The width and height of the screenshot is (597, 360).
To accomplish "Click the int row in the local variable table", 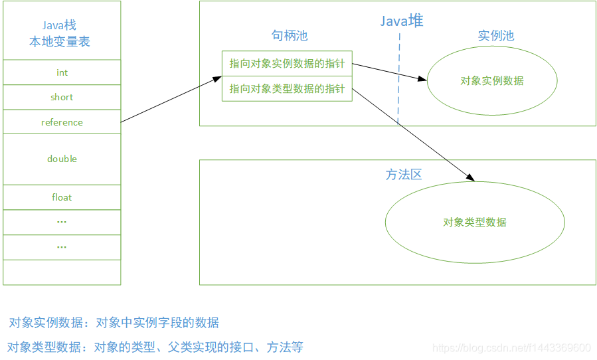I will [x=62, y=72].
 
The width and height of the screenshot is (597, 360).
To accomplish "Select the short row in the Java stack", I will [x=62, y=97].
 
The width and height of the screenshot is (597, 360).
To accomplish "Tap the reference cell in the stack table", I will [x=62, y=122].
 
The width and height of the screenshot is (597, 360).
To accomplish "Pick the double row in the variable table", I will [x=62, y=159].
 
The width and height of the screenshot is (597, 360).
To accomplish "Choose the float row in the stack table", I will [x=62, y=197].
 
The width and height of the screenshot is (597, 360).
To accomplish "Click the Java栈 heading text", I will [x=59, y=25].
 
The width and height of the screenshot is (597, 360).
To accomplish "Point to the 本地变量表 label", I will [x=59, y=42].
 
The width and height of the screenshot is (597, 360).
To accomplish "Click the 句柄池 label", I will [x=290, y=36].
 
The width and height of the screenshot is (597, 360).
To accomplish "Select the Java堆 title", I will [x=401, y=21].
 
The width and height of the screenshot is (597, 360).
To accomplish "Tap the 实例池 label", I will [x=496, y=36].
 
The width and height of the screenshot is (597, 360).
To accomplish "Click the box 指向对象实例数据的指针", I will [x=287, y=64].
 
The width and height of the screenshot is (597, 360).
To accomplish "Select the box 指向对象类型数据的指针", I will [x=287, y=89].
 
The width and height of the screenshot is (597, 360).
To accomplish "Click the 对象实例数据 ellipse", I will [x=491, y=81].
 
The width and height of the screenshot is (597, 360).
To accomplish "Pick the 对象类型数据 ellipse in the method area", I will [x=475, y=223].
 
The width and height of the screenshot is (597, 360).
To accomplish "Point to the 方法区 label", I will [x=404, y=175].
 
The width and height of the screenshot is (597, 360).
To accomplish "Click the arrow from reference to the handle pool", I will [x=171, y=100].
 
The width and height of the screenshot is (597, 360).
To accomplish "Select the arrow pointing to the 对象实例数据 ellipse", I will [x=389, y=72].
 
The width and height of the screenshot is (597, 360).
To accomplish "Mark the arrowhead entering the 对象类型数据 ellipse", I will [x=471, y=178].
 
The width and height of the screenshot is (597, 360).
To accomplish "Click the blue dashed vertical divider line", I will [x=399, y=80].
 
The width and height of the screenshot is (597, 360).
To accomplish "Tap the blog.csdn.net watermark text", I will [x=511, y=348].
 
